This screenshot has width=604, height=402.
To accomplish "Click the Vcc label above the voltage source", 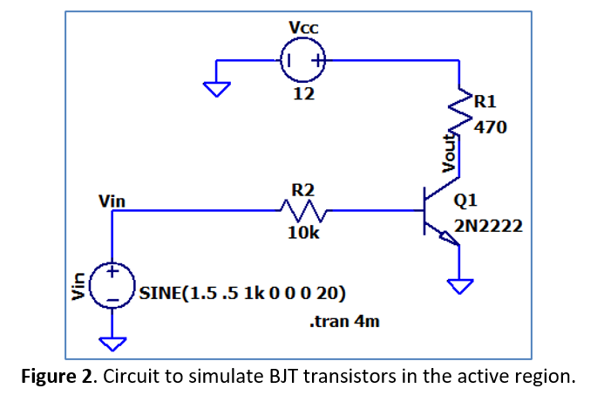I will pyautogui.click(x=303, y=28).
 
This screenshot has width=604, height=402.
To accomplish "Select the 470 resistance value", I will pyautogui.click(x=490, y=127).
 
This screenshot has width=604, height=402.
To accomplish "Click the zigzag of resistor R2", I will pyautogui.click(x=302, y=210).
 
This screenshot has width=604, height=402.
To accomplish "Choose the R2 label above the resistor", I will pyautogui.click(x=302, y=189).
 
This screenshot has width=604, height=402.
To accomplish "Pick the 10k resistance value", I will pyautogui.click(x=302, y=234).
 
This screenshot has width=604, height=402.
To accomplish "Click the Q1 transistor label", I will pyautogui.click(x=465, y=200).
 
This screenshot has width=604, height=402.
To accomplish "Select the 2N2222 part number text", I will pyautogui.click(x=488, y=227).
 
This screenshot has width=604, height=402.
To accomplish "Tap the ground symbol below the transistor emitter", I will pyautogui.click(x=459, y=284).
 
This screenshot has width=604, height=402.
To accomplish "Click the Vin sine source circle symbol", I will pyautogui.click(x=112, y=286).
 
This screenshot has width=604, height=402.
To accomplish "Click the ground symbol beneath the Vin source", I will pyautogui.click(x=112, y=342).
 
